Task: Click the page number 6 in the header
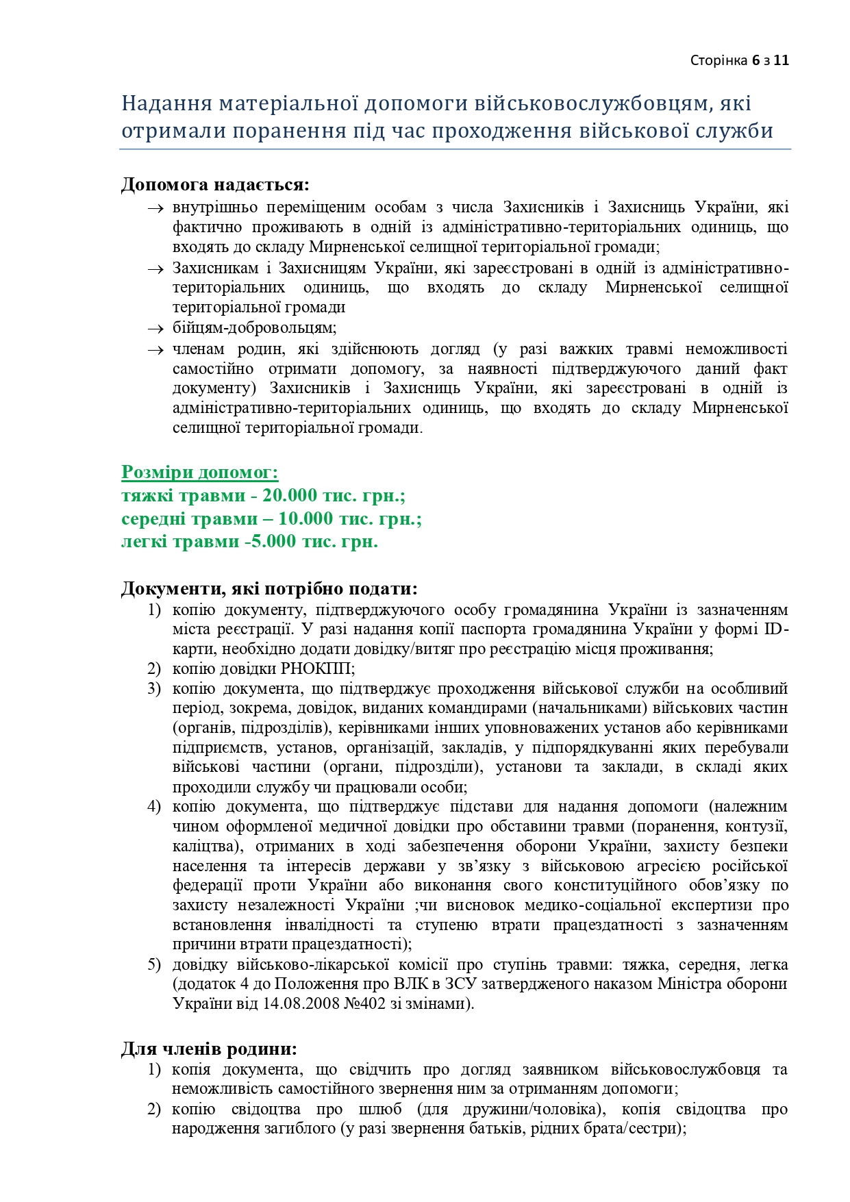755,60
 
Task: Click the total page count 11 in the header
782,60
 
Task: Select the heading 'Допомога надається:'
215,185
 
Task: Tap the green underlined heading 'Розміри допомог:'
200,473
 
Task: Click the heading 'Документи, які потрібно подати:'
269,589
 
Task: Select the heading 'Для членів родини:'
210,1049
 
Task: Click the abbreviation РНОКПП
315,668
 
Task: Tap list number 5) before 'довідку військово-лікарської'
154,965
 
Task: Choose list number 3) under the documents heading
154,688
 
